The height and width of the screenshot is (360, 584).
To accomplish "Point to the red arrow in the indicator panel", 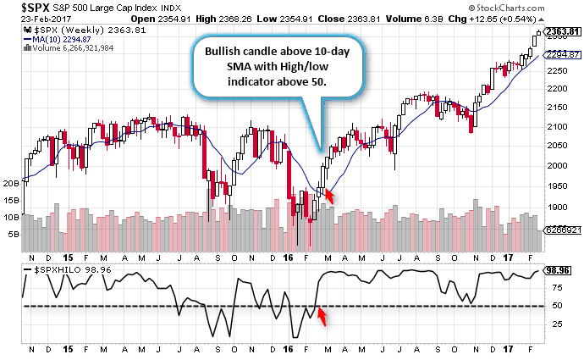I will pos(322,318).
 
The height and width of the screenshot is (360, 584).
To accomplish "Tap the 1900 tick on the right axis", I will pos(557,207).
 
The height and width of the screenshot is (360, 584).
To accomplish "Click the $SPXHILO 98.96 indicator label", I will pos(68,269).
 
